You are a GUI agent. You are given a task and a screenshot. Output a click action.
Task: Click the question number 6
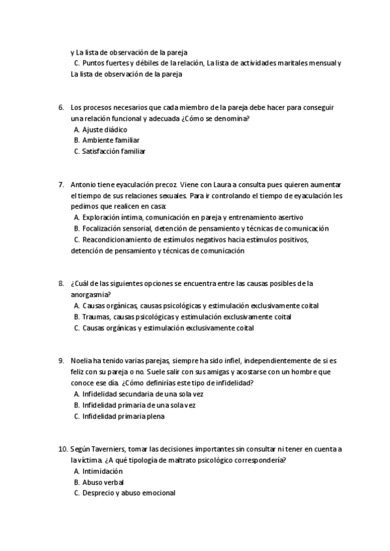tap(60, 107)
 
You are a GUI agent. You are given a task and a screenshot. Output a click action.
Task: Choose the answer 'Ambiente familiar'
tap(110, 140)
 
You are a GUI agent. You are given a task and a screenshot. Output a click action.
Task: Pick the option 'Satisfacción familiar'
tap(114, 151)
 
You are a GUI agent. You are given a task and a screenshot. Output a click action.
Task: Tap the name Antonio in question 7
tap(83, 185)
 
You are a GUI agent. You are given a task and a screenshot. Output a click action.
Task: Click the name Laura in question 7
tap(218, 185)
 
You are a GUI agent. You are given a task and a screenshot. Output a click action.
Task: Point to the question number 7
tap(60, 185)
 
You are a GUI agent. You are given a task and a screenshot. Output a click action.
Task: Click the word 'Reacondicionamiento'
tap(119, 240)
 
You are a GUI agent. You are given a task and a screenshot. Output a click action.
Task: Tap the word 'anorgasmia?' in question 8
tap(90, 294)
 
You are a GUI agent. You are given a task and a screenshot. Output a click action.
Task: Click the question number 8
tap(60, 283)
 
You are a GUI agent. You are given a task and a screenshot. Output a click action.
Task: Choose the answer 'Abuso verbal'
tap(103, 482)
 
